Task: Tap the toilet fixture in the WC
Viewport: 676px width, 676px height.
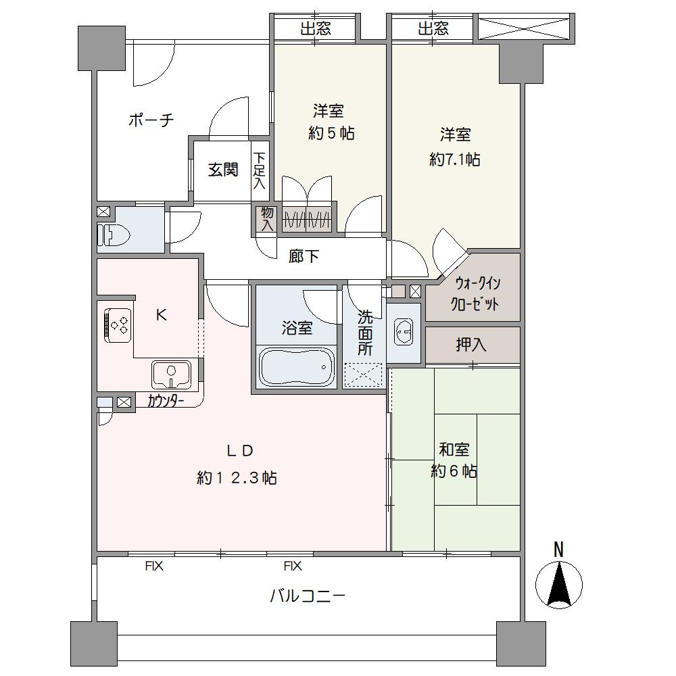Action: point(110,234)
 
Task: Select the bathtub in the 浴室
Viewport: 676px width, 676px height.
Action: point(296,368)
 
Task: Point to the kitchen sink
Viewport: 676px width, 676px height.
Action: point(171,373)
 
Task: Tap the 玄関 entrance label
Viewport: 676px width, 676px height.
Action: point(222,170)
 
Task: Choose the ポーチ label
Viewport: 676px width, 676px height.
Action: point(151,121)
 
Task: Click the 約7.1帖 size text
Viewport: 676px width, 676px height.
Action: point(455,160)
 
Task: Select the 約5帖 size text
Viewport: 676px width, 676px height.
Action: point(331,133)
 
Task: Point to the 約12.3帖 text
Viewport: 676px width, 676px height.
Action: point(237,478)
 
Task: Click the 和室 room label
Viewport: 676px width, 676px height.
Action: point(454,450)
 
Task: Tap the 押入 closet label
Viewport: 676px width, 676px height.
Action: point(471,345)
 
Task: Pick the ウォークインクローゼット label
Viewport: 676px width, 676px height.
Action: point(477,293)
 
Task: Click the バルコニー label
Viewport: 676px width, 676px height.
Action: point(308,596)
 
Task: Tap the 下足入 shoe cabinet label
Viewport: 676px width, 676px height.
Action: point(260,170)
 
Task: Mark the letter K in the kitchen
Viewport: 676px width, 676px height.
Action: point(161,314)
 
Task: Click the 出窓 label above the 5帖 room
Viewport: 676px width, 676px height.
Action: point(314,28)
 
